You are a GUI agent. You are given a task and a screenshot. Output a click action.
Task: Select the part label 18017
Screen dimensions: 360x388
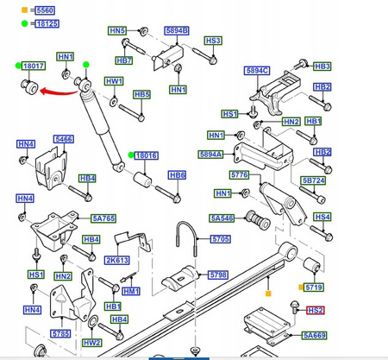click(34, 66)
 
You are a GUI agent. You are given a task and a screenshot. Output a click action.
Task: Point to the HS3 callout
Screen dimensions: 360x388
click(213, 41)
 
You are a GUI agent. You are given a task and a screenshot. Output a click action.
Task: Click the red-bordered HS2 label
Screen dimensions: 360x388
click(316, 310)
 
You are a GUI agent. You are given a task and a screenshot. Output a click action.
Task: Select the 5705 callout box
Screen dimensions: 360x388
click(220, 238)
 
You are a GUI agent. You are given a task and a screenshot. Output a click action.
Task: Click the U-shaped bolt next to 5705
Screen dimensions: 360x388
click(191, 236)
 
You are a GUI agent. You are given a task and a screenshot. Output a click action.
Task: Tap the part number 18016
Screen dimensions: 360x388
click(148, 155)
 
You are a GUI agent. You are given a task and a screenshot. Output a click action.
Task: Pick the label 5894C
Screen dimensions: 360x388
click(257, 71)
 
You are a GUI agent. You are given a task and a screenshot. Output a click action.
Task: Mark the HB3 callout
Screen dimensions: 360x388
click(322, 66)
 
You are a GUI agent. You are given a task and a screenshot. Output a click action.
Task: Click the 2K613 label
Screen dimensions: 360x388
click(117, 260)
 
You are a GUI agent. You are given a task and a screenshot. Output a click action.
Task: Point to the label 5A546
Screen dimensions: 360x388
click(222, 218)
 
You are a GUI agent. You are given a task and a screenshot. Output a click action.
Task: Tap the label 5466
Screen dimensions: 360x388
click(64, 138)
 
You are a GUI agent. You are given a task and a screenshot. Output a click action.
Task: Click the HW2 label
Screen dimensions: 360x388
click(92, 343)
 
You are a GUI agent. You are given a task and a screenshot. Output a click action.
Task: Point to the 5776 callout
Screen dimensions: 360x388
click(240, 175)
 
